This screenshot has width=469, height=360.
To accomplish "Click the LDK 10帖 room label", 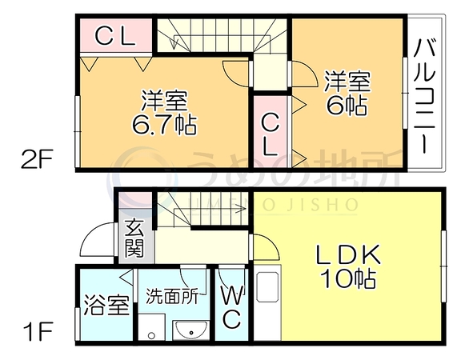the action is tap(348, 266).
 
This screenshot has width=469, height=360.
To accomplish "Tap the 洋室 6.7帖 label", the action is tap(164, 112).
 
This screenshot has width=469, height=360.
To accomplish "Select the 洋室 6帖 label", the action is tap(347, 93).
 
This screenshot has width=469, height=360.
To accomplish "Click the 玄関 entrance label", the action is tap(134, 238).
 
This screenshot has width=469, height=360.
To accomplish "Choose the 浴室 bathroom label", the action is tap(106, 305).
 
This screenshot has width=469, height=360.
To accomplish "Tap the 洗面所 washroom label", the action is tap(172, 297).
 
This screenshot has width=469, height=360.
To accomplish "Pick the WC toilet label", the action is tap(232, 308).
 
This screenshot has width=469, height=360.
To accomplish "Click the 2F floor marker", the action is tap(37, 159).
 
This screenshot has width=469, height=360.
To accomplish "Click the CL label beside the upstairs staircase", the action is tap(115, 36).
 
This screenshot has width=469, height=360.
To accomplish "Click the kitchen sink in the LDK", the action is tap(267, 286).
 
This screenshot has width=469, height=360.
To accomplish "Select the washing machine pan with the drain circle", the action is tap(151, 327).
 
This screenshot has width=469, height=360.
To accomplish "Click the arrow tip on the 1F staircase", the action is tap(245, 209).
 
